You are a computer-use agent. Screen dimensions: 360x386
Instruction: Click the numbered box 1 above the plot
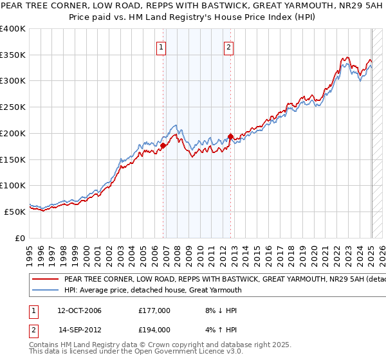click(x=160, y=46)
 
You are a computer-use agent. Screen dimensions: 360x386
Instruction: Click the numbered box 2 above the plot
click(x=228, y=46)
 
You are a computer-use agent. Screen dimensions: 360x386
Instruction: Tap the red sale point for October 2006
click(x=163, y=145)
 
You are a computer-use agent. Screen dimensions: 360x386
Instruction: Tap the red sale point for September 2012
click(x=230, y=136)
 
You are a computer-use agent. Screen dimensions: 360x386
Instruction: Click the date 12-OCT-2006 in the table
click(x=79, y=310)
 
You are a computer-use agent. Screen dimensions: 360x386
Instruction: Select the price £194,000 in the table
click(x=154, y=329)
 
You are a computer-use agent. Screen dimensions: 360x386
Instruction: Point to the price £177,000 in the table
click(x=154, y=310)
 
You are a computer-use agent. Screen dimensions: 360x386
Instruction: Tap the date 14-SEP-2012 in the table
click(x=79, y=329)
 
